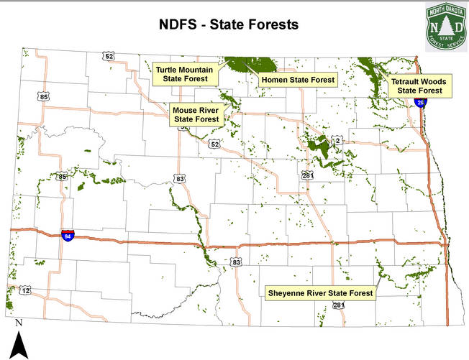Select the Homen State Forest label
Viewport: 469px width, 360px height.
(x=298, y=80)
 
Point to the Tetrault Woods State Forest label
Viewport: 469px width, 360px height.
(x=419, y=86)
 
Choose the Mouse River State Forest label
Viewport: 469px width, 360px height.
(x=196, y=114)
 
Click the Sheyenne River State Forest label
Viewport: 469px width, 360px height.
(x=320, y=293)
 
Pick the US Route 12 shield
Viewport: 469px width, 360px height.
(x=26, y=290)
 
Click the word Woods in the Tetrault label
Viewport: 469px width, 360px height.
(x=434, y=82)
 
